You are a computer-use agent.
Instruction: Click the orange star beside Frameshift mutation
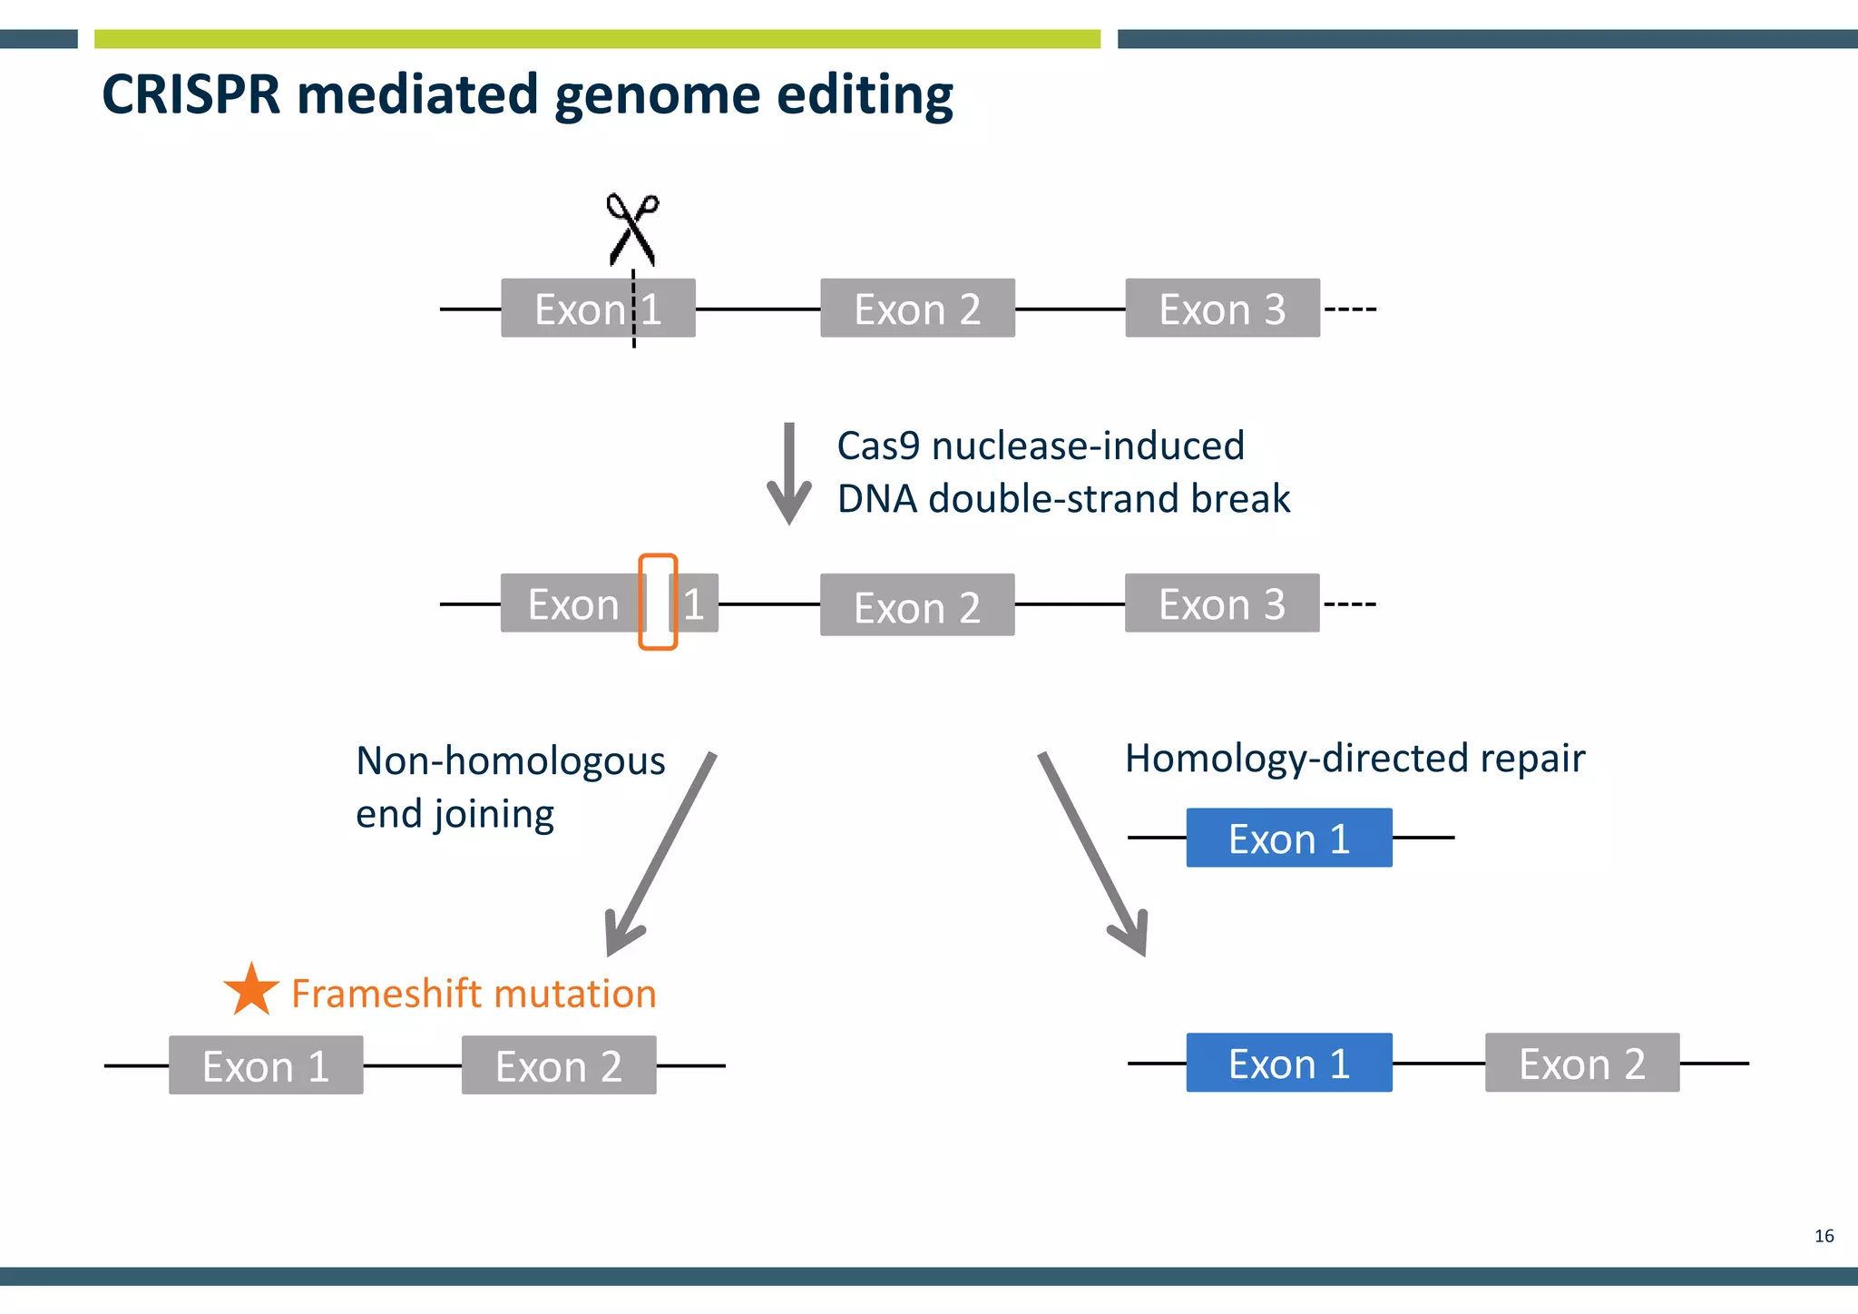[250, 991]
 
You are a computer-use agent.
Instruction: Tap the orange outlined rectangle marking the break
[658, 602]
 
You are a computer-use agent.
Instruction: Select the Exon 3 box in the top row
[1222, 309]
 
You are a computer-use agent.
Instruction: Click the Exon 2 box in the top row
[917, 309]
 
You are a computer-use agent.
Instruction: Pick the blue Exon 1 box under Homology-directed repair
[1288, 838]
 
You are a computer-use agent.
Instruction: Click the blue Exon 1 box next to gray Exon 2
[1288, 1063]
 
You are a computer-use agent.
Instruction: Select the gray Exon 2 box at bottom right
[1581, 1063]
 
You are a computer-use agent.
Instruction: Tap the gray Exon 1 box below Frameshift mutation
[266, 1065]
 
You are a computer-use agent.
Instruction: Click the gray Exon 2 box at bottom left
[559, 1065]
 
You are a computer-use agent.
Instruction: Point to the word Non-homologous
[510, 761]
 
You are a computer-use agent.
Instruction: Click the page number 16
[1824, 1236]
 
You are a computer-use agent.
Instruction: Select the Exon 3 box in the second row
[1222, 603]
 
